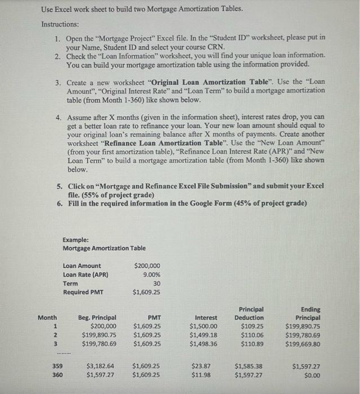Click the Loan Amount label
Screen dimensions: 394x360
pyautogui.click(x=82, y=266)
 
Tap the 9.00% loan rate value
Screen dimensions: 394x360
pyautogui.click(x=150, y=275)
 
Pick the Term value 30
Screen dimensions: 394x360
pyautogui.click(x=156, y=284)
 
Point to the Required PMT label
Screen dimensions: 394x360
pyautogui.click(x=84, y=292)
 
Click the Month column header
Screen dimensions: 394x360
pyautogui.click(x=47, y=317)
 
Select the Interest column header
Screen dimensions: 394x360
pyautogui.click(x=206, y=317)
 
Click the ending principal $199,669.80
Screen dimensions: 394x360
pyautogui.click(x=303, y=344)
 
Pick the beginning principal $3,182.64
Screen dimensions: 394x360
pyautogui.click(x=101, y=365)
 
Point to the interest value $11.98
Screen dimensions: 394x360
pyautogui.click(x=201, y=374)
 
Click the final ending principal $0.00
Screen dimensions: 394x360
pyautogui.click(x=310, y=374)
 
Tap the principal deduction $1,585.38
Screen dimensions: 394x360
pyautogui.click(x=249, y=365)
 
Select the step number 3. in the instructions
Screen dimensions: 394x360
pyautogui.click(x=58, y=82)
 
